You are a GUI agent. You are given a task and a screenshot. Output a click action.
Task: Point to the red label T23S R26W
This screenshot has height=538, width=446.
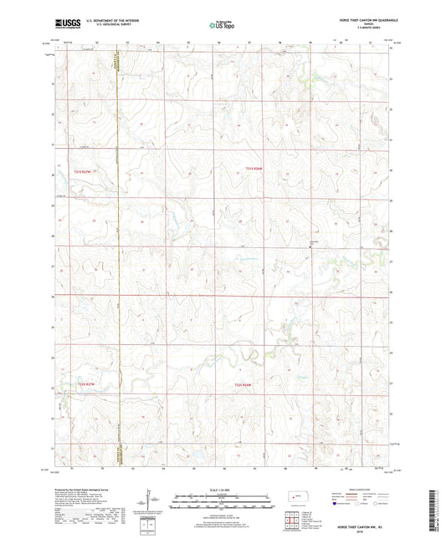click(x=244, y=384)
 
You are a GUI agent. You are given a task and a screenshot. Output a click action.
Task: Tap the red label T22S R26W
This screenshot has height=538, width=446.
click(x=254, y=170)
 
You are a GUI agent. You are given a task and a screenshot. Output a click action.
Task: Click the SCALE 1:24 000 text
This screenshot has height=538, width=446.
click(x=223, y=490)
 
